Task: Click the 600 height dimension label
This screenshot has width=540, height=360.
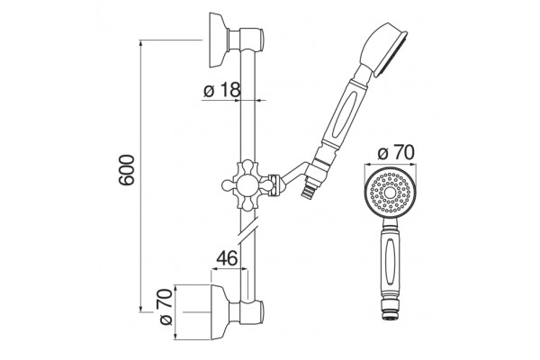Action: tap(126, 170)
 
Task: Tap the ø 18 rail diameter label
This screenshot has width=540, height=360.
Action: tap(221, 90)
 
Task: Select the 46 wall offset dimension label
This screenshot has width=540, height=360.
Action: tap(227, 257)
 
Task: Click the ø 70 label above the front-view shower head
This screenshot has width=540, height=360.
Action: tap(396, 153)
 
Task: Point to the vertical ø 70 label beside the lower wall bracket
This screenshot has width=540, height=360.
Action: tap(166, 307)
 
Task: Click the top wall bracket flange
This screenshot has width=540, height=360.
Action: tap(219, 40)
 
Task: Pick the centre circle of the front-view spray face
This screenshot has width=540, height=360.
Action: tap(390, 193)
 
